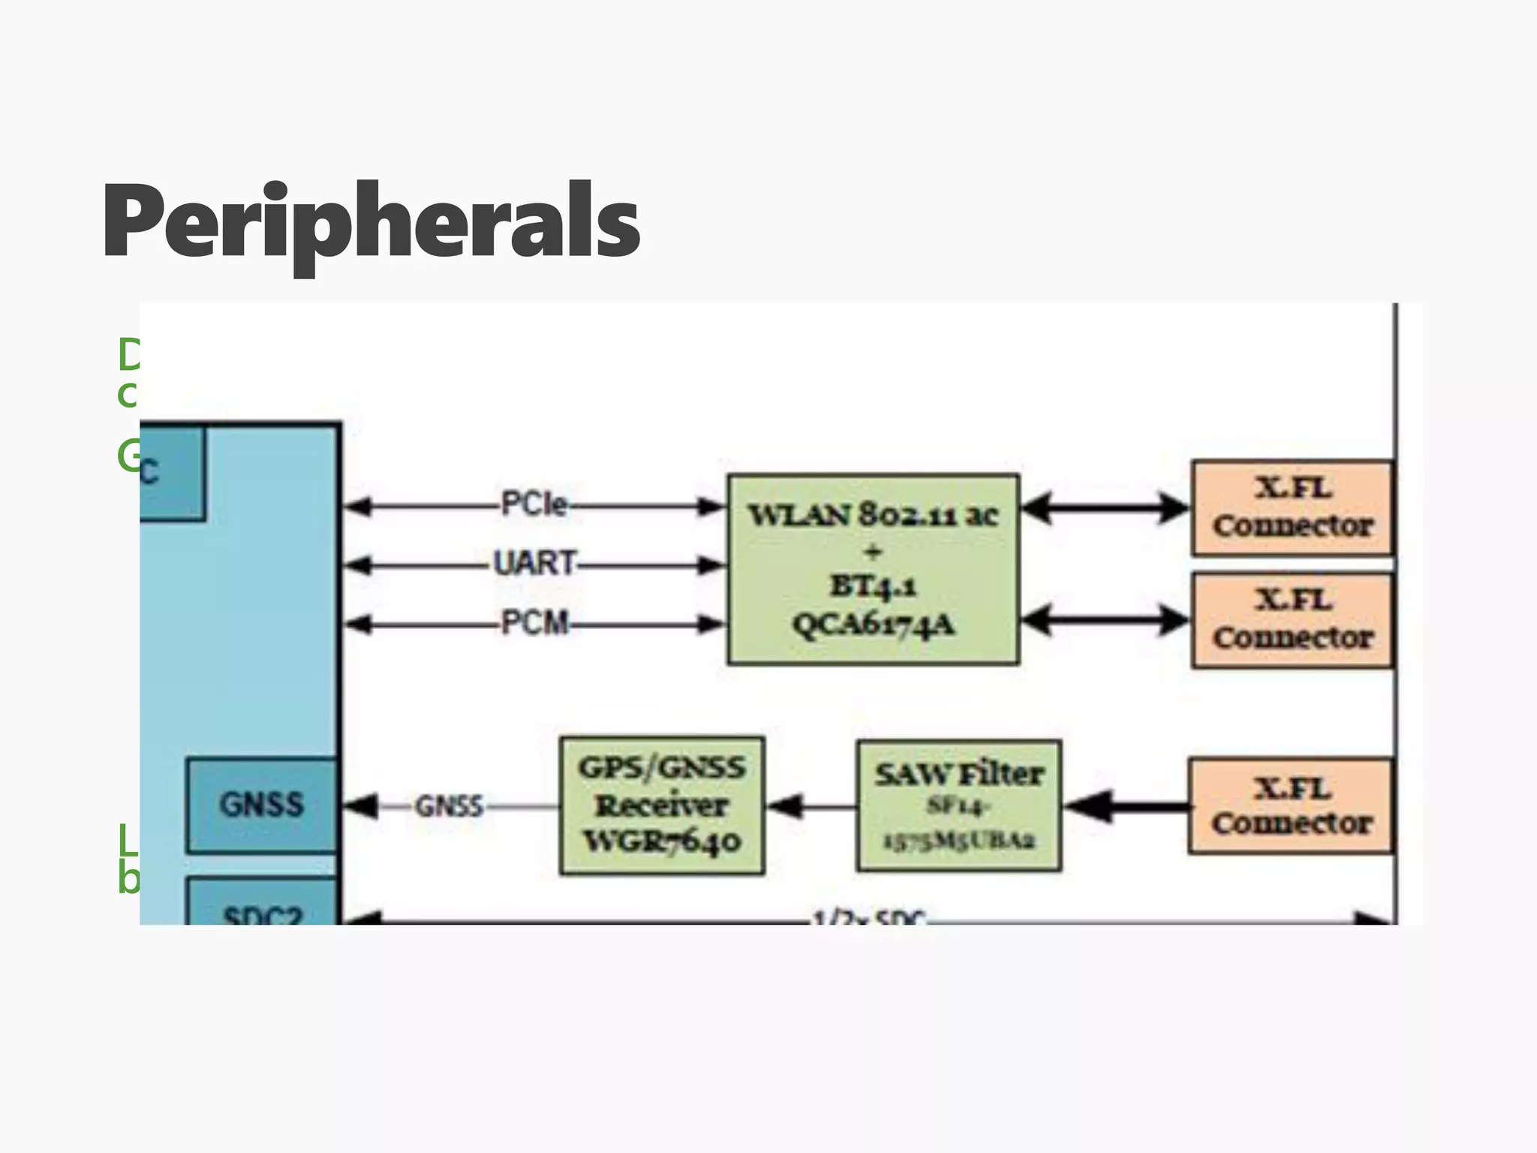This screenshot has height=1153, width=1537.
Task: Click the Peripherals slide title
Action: [371, 221]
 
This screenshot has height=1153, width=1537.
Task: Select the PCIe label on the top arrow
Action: [534, 504]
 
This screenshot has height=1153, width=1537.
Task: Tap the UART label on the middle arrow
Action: [534, 563]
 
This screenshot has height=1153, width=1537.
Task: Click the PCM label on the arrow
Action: [534, 623]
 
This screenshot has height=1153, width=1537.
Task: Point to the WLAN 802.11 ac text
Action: [873, 515]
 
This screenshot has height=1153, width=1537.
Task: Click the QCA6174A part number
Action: [873, 625]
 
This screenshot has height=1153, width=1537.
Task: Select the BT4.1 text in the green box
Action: [873, 586]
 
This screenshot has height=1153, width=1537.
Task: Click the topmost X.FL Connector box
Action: [1292, 507]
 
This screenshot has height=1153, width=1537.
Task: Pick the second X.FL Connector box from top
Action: [1292, 619]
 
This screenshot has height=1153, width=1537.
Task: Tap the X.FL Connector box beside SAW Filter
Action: [1291, 806]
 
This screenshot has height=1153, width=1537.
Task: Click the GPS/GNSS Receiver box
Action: [662, 805]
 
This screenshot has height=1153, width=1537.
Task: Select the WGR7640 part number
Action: [662, 841]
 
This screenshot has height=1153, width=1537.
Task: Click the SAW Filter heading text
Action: [958, 774]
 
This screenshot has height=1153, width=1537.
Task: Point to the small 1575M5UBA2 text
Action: [958, 841]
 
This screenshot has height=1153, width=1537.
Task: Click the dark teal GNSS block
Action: [261, 805]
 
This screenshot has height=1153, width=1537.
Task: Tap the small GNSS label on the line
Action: [449, 806]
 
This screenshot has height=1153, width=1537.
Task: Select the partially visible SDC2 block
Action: [262, 905]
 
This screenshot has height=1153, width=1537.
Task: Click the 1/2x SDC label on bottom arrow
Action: [871, 917]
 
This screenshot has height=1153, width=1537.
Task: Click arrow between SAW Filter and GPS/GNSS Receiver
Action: [811, 807]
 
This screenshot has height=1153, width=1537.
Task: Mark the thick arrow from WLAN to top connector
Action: [1105, 508]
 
